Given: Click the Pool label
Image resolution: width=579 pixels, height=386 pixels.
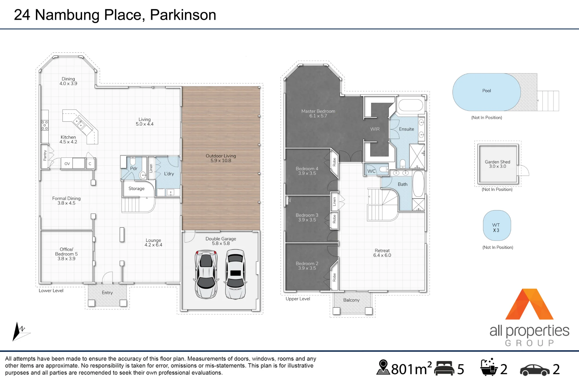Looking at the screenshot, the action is [486, 91].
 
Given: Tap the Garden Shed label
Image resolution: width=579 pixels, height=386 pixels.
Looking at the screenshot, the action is [497, 162].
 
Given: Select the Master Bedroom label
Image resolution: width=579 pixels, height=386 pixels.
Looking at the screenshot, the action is [318, 111].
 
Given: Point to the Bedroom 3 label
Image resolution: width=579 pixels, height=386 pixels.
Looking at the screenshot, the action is [307, 215].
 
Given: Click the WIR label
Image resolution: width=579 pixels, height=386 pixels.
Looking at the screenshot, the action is [375, 129].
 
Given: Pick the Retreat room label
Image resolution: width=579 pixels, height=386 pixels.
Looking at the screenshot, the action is [382, 250].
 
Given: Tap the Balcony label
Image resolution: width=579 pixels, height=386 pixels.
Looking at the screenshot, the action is [351, 300].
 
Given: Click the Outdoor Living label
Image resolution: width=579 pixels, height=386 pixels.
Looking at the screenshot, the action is [221, 156].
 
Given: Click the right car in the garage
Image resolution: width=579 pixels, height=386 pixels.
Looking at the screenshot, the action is [236, 274].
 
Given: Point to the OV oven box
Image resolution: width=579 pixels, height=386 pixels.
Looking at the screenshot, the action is [67, 164].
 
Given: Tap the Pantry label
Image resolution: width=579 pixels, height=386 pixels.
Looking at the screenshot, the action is [45, 155].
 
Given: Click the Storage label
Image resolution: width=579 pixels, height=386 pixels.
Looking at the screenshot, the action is [136, 189].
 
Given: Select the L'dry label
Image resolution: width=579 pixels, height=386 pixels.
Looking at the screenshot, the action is [169, 174].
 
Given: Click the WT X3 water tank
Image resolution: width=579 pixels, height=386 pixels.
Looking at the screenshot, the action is [497, 226].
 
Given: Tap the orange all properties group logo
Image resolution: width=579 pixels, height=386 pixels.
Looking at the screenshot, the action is [529, 304].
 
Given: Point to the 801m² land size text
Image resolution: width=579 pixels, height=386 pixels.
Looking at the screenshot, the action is [411, 368].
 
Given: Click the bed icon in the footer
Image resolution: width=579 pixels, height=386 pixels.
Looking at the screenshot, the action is [444, 368].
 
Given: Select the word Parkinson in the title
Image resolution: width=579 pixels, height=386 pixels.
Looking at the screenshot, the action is [183, 15].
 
